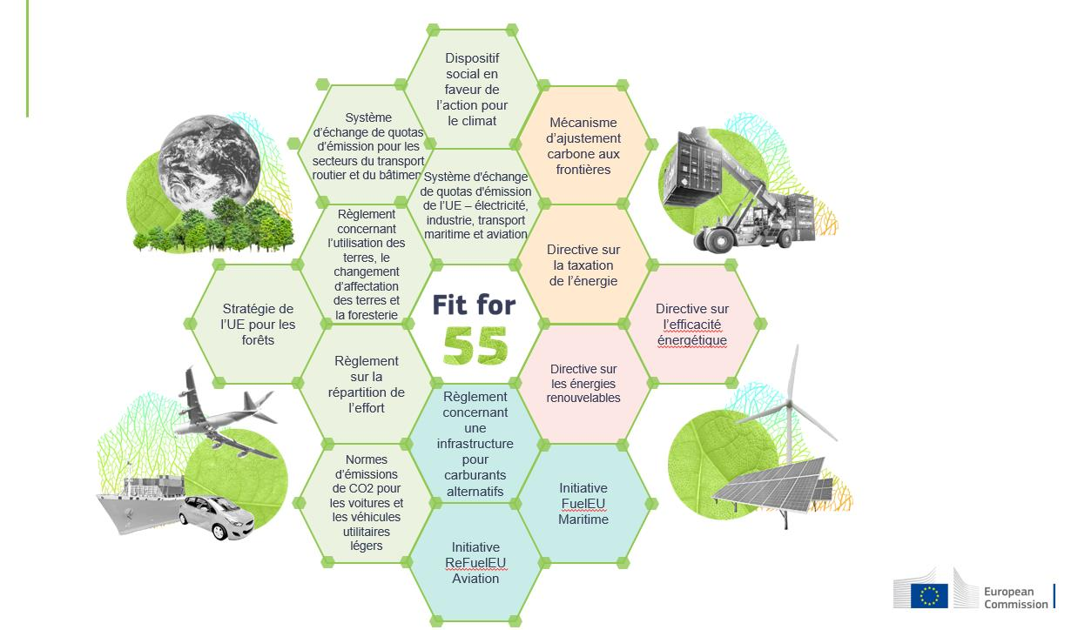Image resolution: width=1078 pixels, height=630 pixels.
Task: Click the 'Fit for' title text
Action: coord(475,305)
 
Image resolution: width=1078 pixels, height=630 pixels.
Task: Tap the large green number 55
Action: coord(475,345)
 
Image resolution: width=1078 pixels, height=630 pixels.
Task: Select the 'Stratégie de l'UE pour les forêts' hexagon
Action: coord(258,324)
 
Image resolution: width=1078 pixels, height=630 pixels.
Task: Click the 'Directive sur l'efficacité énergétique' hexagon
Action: coord(692,324)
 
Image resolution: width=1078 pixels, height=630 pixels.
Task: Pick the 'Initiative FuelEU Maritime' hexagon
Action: coord(583,503)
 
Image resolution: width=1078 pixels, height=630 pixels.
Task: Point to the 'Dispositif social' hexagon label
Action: coord(472,90)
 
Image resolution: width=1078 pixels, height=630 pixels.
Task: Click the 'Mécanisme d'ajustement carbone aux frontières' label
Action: coord(583,146)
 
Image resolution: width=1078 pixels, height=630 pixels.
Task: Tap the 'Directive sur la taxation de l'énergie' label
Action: coord(583,265)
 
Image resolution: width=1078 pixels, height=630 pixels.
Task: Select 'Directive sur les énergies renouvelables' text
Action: coord(583,383)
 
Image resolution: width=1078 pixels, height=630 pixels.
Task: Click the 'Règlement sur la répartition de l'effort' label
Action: coord(367,384)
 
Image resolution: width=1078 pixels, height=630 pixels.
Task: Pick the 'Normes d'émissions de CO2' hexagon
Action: coord(367,502)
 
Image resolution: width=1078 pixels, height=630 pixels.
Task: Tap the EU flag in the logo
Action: coord(929,595)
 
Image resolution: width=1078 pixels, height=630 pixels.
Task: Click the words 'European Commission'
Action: coord(1015,598)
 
